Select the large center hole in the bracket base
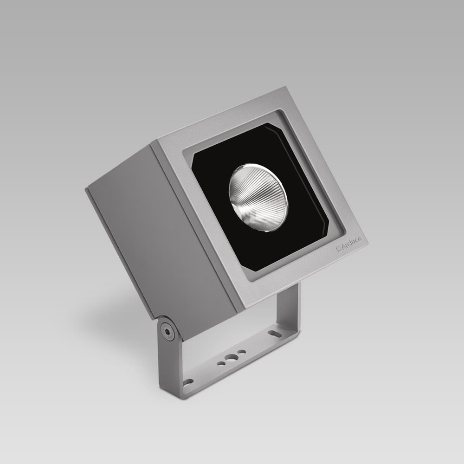pyautogui.click(x=231, y=358)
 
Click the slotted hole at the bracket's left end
pyautogui.click(x=188, y=382)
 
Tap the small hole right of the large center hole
pyautogui.click(x=241, y=352)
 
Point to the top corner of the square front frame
pyautogui.click(x=284, y=89)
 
